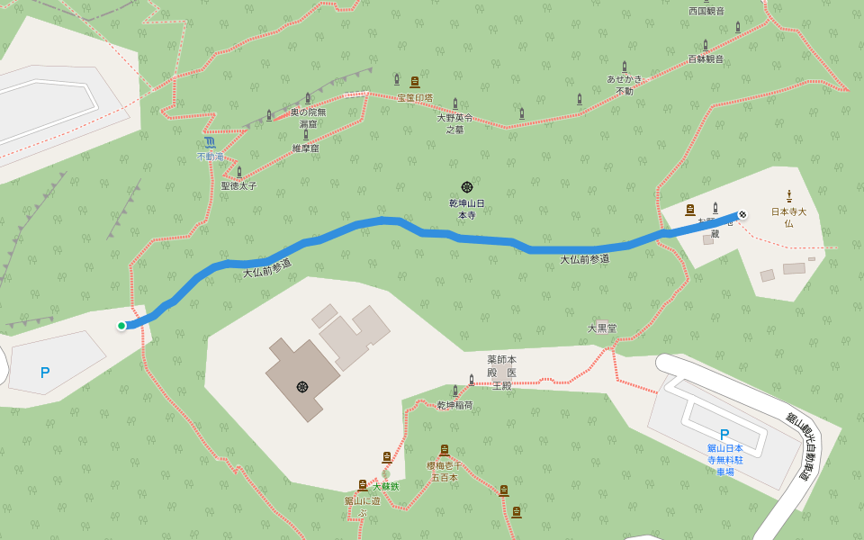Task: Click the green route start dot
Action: pyautogui.click(x=121, y=326)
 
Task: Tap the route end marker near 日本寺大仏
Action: pyautogui.click(x=742, y=214)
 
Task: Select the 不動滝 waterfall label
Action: pyautogui.click(x=210, y=157)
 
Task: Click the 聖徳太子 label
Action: pyautogui.click(x=238, y=185)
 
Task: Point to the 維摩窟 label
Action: pyautogui.click(x=305, y=148)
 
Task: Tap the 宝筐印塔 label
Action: pyautogui.click(x=415, y=97)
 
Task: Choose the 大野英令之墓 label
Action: pyautogui.click(x=454, y=123)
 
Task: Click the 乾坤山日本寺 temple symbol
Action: pyautogui.click(x=467, y=187)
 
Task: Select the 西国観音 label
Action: pyautogui.click(x=706, y=11)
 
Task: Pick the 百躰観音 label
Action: pyautogui.click(x=706, y=59)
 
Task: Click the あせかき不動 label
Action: pyautogui.click(x=625, y=85)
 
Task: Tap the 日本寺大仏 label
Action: pyautogui.click(x=788, y=217)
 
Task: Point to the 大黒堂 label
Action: pyautogui.click(x=602, y=328)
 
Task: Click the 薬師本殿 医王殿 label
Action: pyautogui.click(x=501, y=372)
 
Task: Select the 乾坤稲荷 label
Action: pyautogui.click(x=454, y=405)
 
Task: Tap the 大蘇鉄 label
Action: pyautogui.click(x=385, y=486)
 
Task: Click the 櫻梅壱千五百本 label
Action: pyautogui.click(x=444, y=471)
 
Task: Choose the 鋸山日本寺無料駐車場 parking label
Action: pyautogui.click(x=724, y=459)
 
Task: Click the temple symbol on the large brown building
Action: pyautogui.click(x=302, y=387)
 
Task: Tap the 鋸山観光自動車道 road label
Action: pyautogui.click(x=798, y=445)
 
